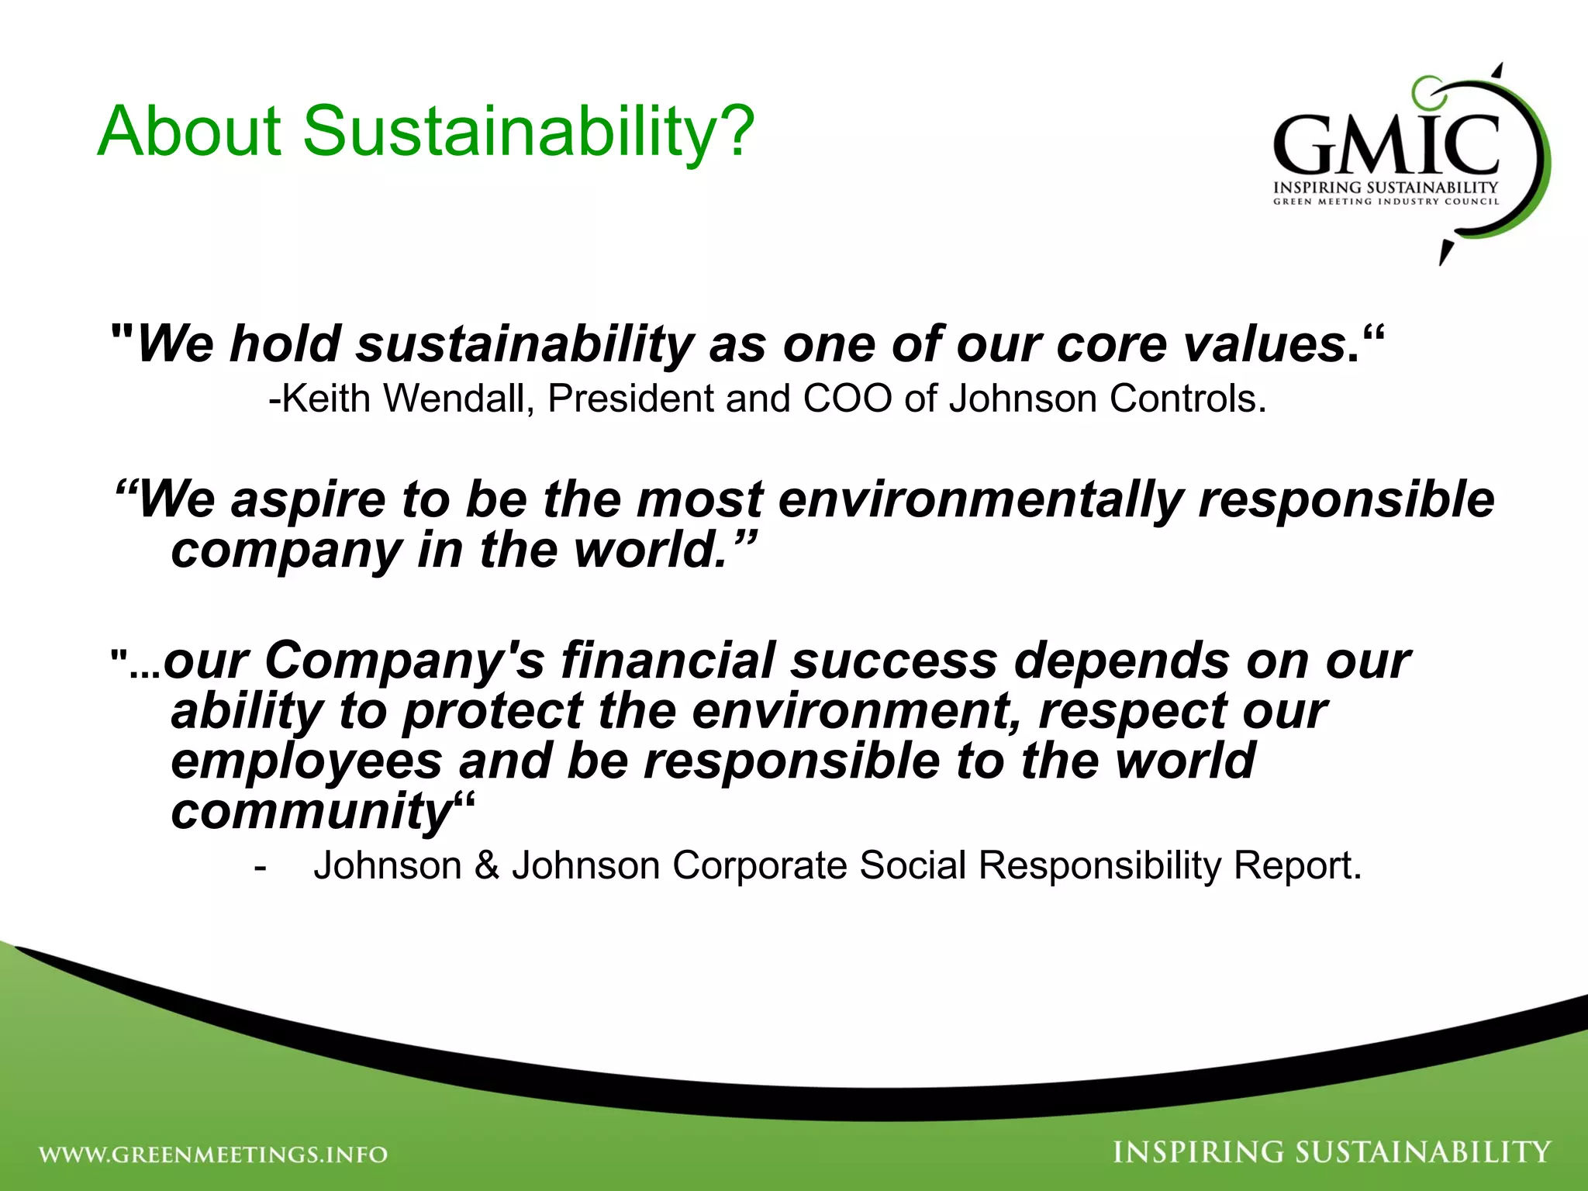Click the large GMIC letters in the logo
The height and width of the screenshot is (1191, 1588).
(x=1386, y=146)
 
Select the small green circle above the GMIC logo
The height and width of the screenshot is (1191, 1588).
(x=1425, y=91)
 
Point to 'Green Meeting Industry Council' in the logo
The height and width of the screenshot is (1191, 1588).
(x=1386, y=202)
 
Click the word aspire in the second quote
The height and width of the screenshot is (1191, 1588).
(x=309, y=499)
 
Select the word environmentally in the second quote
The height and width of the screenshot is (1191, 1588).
(x=980, y=499)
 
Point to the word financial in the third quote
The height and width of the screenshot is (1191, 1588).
(x=668, y=661)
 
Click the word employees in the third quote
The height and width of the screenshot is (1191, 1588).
(x=307, y=761)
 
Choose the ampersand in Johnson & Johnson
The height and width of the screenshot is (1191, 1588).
(x=487, y=865)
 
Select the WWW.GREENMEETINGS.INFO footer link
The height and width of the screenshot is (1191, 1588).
(x=213, y=1155)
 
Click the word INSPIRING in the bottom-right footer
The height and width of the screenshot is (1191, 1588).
(x=1198, y=1152)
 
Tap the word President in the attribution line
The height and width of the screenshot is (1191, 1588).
(x=630, y=399)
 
